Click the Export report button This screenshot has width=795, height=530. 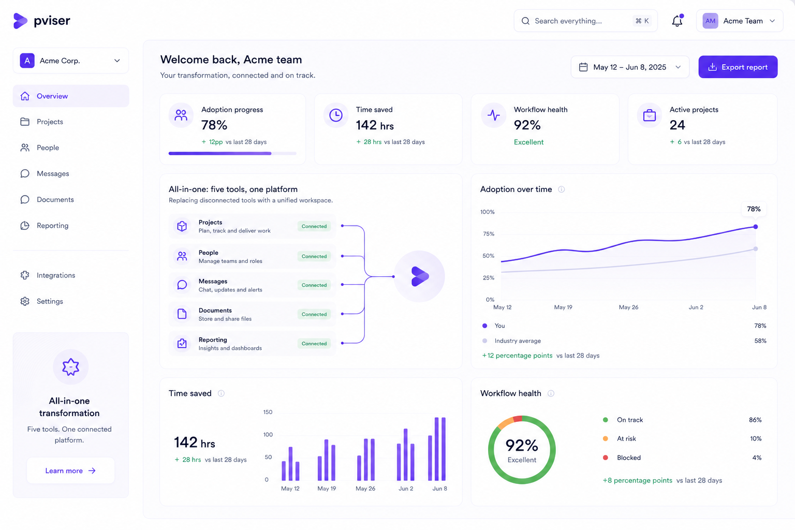point(738,67)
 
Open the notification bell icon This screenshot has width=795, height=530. point(677,21)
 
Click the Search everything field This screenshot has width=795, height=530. point(585,21)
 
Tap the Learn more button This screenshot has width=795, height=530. point(70,470)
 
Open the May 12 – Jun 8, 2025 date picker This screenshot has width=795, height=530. point(630,67)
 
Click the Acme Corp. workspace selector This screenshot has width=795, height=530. point(70,61)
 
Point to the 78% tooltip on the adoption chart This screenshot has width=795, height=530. point(754,209)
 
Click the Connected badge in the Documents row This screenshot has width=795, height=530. point(314,314)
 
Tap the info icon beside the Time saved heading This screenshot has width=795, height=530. point(221,393)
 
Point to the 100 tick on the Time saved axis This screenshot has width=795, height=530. point(268,435)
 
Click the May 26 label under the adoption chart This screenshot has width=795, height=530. point(628,307)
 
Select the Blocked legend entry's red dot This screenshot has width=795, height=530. point(606,458)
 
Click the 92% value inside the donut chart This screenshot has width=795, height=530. point(522,445)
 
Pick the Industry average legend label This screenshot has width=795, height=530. point(518,341)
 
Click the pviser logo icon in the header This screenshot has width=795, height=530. point(20,21)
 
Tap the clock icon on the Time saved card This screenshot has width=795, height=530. point(336,115)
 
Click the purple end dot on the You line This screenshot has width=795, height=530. point(756,227)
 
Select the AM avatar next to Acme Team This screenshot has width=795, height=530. point(710,21)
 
